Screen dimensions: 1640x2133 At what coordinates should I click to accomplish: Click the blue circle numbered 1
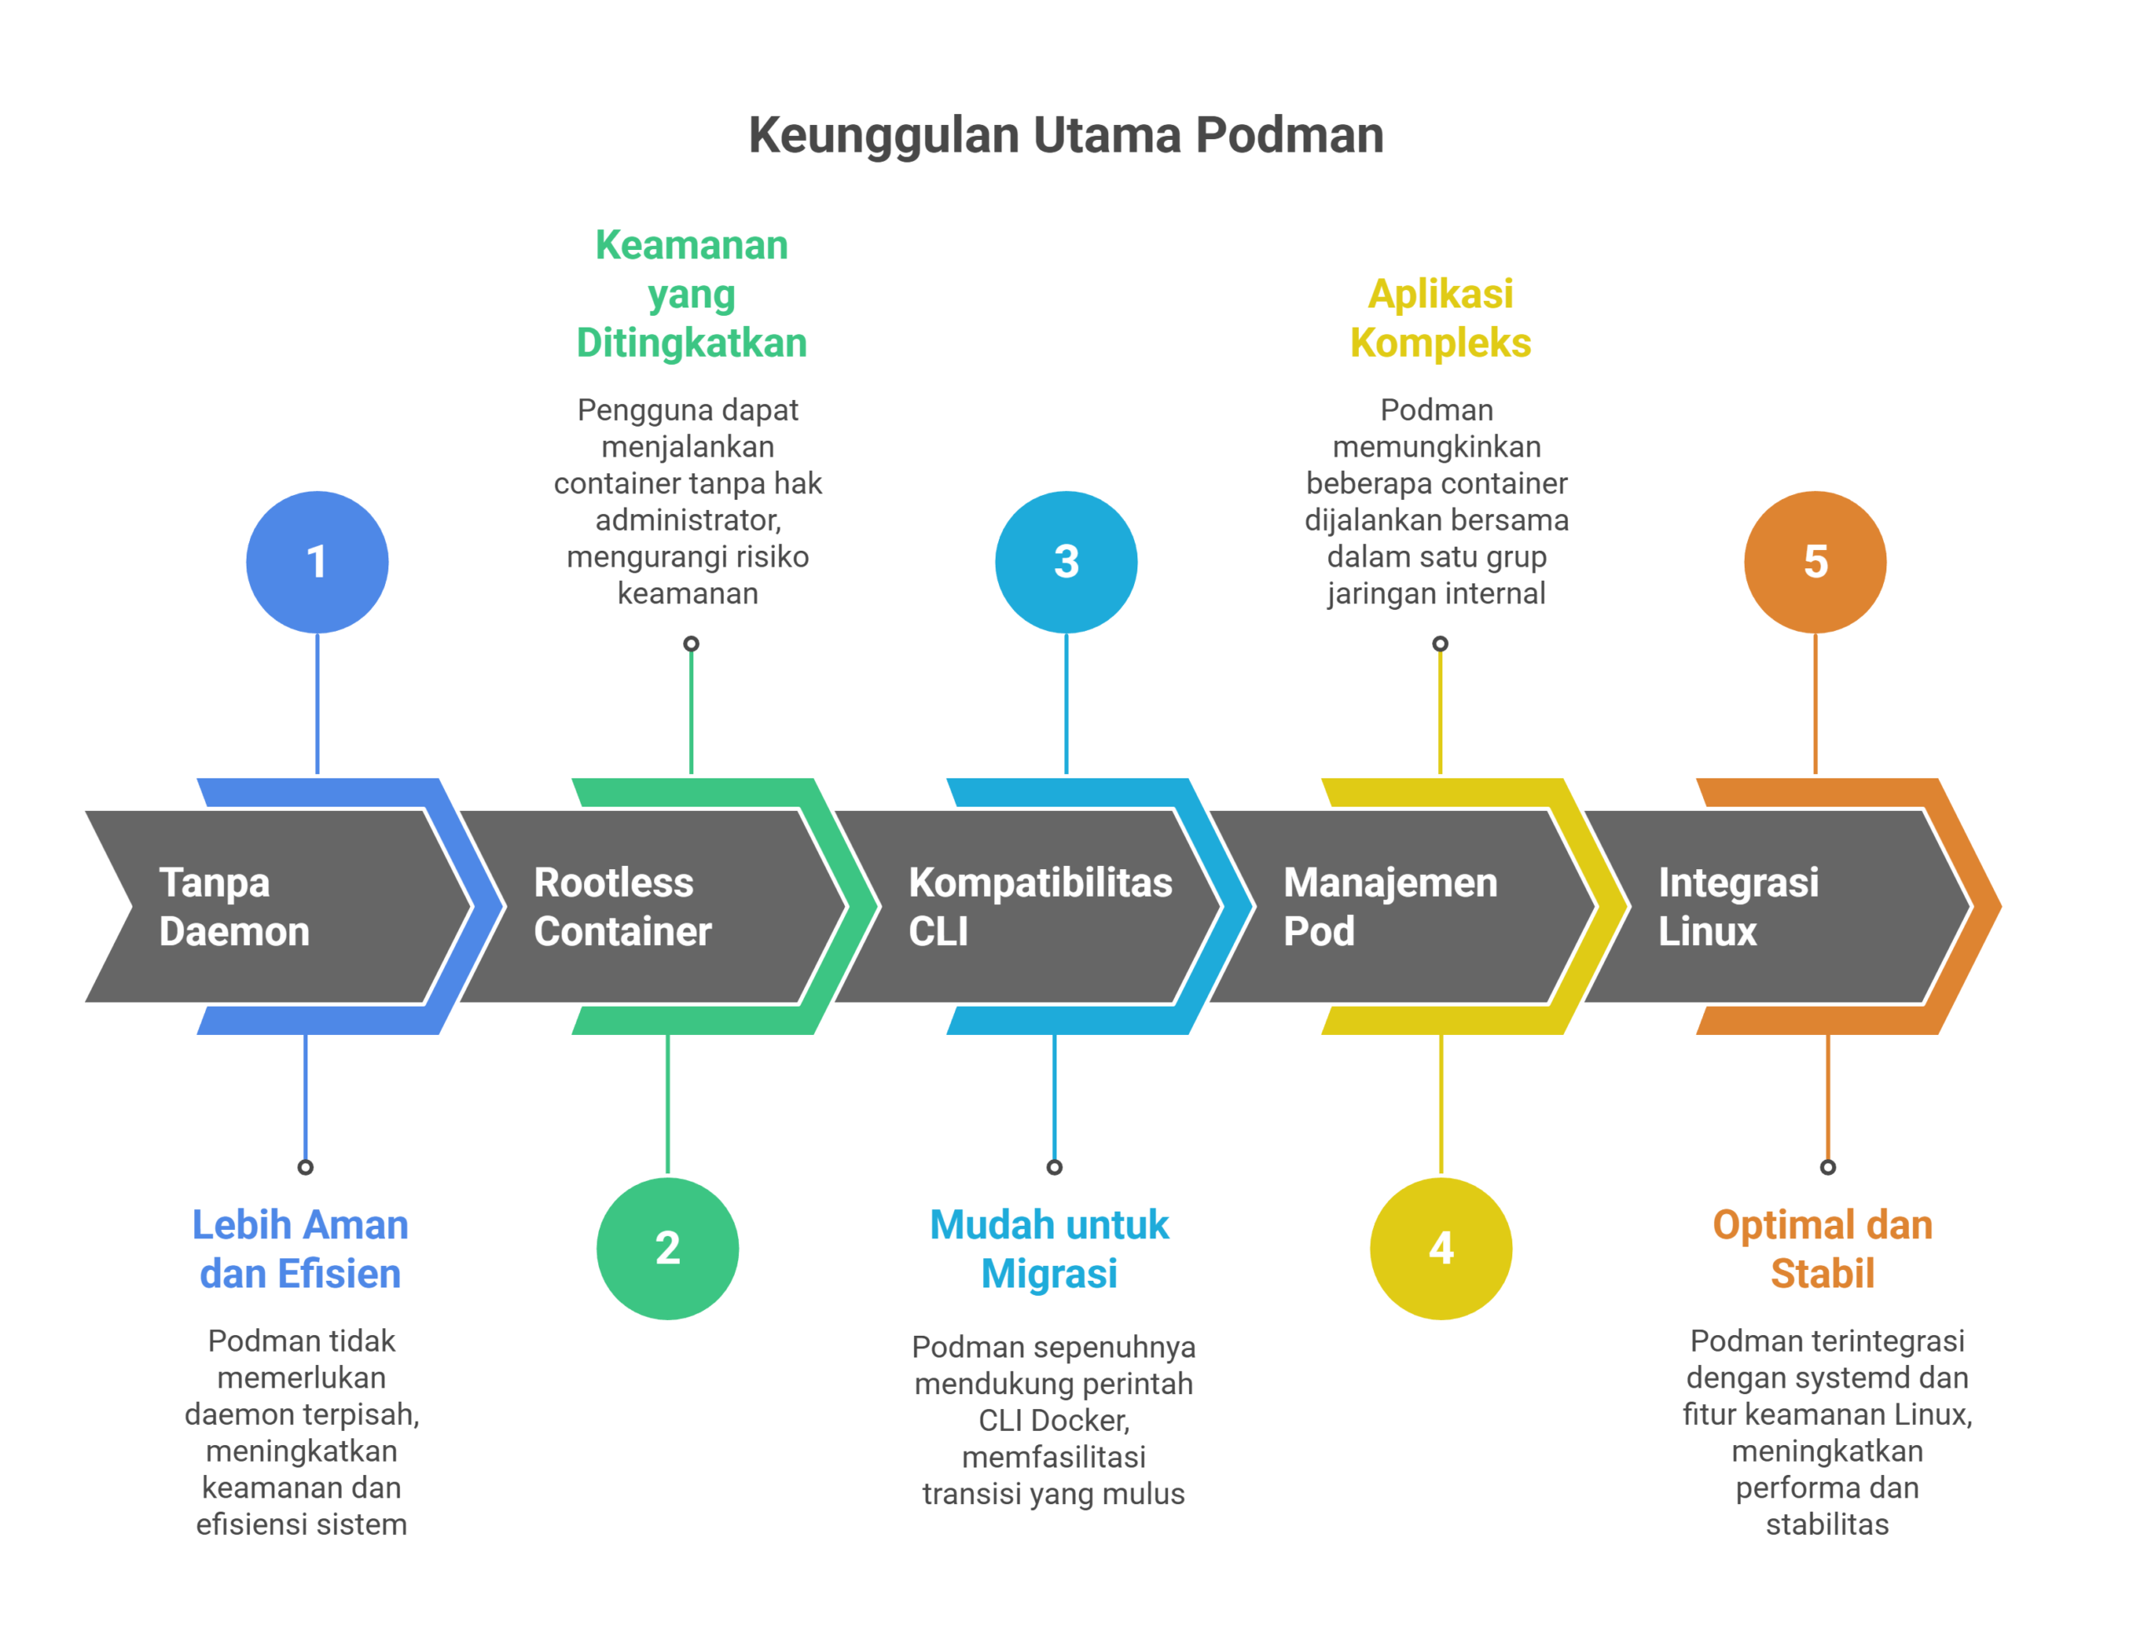click(317, 562)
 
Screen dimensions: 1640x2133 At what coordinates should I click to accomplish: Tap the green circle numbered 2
click(667, 1247)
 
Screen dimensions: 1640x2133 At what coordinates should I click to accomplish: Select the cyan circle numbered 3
click(1066, 562)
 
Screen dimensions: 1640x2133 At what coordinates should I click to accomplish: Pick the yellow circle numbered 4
click(1441, 1247)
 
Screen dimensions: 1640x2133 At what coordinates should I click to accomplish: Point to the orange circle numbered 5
click(1814, 562)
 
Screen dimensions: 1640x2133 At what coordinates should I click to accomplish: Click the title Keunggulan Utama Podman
click(1066, 135)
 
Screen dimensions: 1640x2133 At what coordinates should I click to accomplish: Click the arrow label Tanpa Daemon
click(234, 906)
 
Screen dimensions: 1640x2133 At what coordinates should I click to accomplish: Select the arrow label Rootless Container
click(622, 906)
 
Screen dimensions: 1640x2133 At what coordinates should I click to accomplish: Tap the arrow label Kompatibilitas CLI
click(1039, 906)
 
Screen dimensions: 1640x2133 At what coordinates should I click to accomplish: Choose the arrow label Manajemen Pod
click(1390, 906)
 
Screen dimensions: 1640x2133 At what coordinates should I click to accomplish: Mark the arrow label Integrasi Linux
click(1738, 906)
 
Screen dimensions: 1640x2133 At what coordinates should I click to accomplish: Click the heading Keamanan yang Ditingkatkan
click(691, 294)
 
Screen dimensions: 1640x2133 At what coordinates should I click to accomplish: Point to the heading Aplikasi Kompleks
click(1439, 318)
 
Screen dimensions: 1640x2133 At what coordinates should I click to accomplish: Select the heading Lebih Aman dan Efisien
click(301, 1248)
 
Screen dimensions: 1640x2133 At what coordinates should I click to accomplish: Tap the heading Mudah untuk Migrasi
click(1049, 1248)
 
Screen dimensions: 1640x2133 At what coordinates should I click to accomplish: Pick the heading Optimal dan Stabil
click(1821, 1248)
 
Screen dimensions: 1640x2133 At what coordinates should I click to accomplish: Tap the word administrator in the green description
click(687, 520)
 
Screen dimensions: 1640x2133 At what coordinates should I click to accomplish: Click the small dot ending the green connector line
click(691, 643)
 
